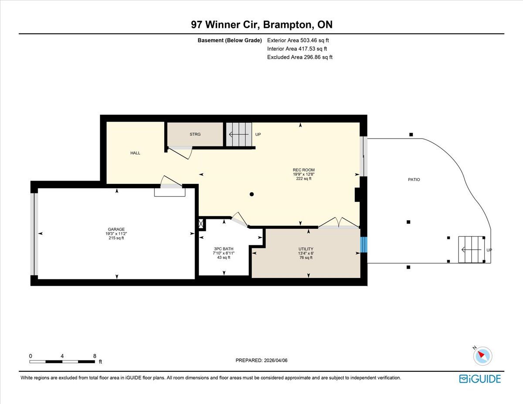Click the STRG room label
[x=195, y=134]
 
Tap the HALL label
[x=135, y=153]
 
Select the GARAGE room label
[x=116, y=229]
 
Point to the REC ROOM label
[x=303, y=170]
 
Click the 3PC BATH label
[x=224, y=249]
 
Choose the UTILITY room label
[x=306, y=249]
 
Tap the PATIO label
[x=414, y=180]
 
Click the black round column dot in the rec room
[x=252, y=194]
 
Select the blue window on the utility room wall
[x=363, y=245]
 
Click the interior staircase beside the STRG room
[x=239, y=134]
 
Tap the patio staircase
[x=472, y=250]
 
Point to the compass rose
[x=482, y=356]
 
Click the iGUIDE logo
[x=480, y=379]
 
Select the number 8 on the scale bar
[x=95, y=356]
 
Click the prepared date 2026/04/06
[x=275, y=360]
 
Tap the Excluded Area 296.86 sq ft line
[x=300, y=57]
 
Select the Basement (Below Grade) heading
[x=230, y=41]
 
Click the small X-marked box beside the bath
[x=201, y=224]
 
